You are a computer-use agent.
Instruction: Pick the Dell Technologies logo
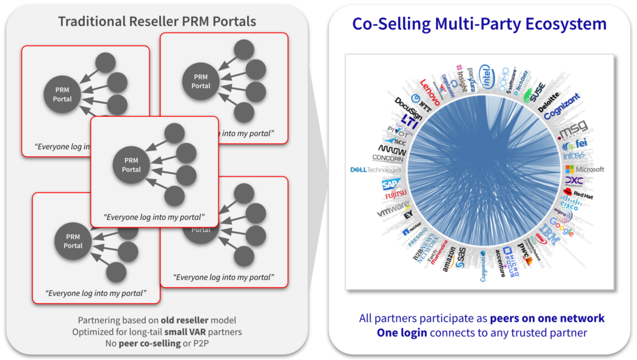tap(376, 169)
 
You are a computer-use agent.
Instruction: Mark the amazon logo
tap(449, 260)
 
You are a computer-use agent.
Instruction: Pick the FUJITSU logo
tap(396, 196)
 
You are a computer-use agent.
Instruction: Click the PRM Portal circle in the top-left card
tap(62, 95)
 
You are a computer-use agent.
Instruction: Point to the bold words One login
tap(402, 333)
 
